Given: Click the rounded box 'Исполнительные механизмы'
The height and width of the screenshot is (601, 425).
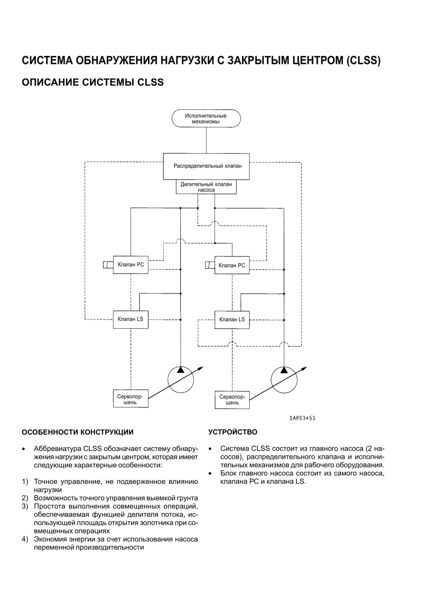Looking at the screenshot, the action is point(206,118).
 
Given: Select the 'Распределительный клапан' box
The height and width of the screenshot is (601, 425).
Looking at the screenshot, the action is point(206,166).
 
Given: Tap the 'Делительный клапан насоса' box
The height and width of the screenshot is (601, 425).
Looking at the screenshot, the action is point(206,187).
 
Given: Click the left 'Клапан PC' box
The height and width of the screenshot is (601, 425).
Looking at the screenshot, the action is point(130,265).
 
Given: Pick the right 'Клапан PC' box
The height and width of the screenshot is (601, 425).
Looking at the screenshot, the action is point(232,265).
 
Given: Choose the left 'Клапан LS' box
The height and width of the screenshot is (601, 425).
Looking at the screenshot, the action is point(130,319).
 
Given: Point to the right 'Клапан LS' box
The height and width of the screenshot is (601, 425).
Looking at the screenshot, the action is point(232,319).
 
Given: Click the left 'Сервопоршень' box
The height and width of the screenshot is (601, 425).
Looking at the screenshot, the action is point(130,398).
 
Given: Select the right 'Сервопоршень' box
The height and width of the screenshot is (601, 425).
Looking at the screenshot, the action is point(232,400).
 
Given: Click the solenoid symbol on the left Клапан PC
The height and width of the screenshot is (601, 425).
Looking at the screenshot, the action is point(108,265).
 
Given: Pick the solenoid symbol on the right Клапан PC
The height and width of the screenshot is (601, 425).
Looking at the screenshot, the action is point(210,265).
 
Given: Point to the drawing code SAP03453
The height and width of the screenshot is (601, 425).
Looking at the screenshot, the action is point(302,418).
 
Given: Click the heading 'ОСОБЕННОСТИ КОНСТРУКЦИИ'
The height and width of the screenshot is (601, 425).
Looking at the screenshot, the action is point(78,432).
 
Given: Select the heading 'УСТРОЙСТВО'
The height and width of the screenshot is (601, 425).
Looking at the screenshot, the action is point(233,432).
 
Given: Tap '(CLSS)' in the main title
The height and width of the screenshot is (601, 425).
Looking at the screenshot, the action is point(364,61).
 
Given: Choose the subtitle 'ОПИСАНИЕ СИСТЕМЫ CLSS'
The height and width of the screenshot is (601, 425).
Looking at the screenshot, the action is point(93,82).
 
